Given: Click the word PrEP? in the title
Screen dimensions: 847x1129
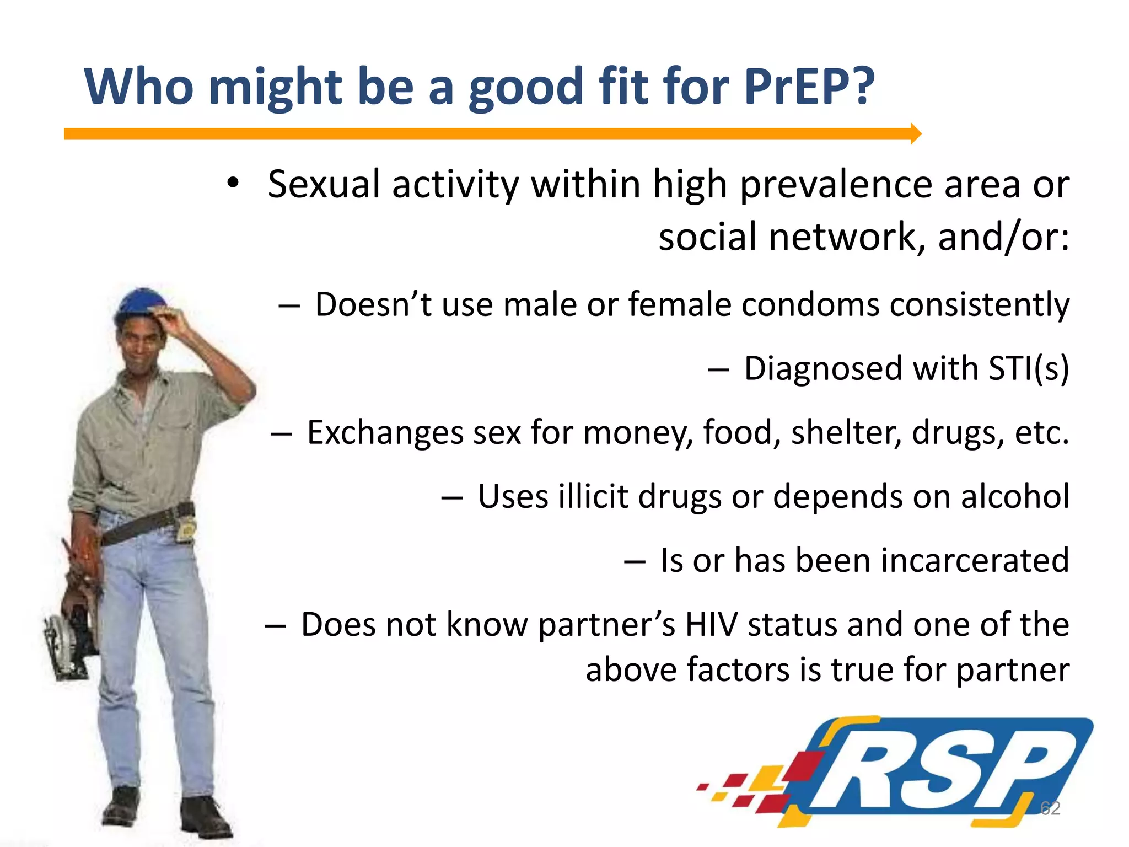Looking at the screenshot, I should click(809, 87).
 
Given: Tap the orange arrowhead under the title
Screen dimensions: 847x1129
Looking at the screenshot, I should click(915, 133).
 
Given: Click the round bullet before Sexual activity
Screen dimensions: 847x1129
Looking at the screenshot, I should click(233, 183).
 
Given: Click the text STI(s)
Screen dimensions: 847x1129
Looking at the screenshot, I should click(1028, 368).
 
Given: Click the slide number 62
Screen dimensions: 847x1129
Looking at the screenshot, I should click(1050, 808).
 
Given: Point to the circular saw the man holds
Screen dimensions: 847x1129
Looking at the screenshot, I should click(69, 642).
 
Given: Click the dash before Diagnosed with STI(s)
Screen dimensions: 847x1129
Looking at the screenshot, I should click(718, 369).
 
